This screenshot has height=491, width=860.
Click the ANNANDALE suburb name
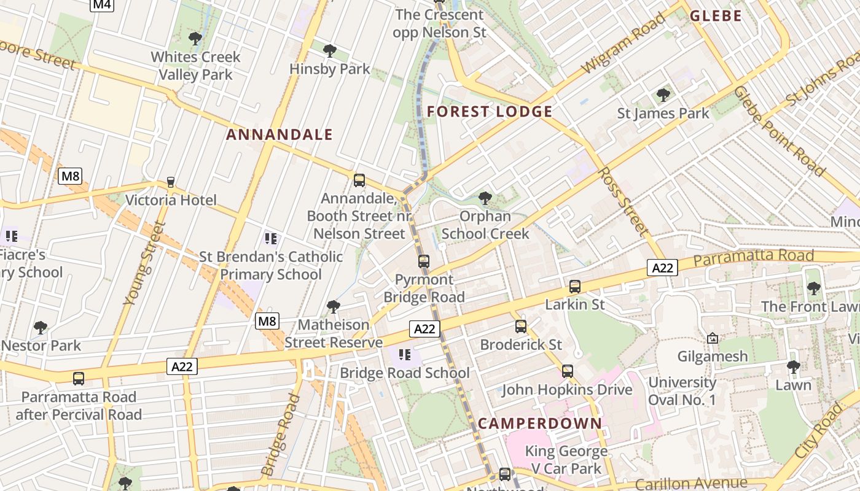click(x=279, y=135)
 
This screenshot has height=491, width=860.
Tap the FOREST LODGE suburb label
click(x=490, y=112)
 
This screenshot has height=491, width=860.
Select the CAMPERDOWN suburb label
click(x=540, y=423)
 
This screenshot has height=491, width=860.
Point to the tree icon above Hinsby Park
click(x=330, y=51)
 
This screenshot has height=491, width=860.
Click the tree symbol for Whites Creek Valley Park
click(x=195, y=39)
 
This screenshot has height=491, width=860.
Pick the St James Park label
click(x=663, y=114)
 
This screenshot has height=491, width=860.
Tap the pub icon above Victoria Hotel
click(x=171, y=182)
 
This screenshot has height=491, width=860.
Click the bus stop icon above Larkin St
click(x=575, y=287)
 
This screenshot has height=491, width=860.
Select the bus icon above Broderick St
click(x=521, y=327)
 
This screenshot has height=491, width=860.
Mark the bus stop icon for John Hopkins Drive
click(x=568, y=371)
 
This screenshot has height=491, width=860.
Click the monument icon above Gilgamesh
click(x=713, y=338)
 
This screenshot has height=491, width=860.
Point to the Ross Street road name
click(x=623, y=201)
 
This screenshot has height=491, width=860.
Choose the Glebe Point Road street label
click(x=778, y=131)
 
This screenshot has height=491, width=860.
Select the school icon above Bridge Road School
click(x=404, y=354)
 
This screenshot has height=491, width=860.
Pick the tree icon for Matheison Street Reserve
click(x=334, y=306)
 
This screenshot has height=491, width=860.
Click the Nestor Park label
click(x=41, y=346)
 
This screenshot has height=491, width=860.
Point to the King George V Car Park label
click(x=566, y=460)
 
